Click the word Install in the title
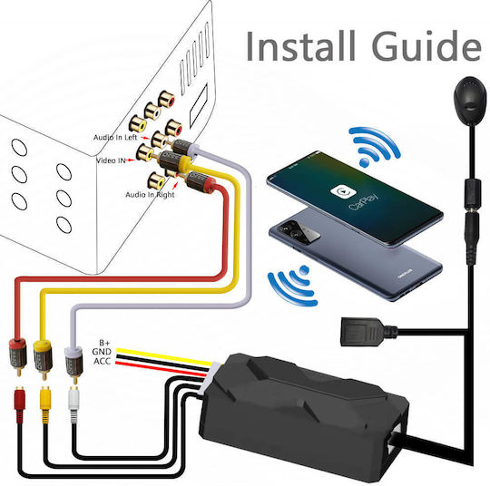pos(300,46)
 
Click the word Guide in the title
pos(426,46)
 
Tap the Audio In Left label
pos(115,138)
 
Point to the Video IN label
pos(111,160)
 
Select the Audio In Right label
pos(150,195)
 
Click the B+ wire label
pos(105,343)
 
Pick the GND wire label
pos(102,352)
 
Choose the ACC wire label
pos(103,361)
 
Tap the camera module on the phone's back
pos(299,230)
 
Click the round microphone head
pos(470,100)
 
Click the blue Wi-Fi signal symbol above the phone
pos(374,146)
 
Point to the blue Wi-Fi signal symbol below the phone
pos(292,286)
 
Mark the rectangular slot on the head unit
pos(199,100)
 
